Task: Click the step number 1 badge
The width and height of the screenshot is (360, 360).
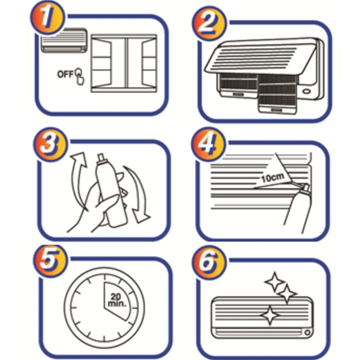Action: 48,18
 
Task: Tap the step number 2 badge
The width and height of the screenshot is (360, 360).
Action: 209,23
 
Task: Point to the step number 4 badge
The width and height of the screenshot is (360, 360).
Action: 208,144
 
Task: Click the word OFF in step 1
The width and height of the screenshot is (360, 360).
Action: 65,74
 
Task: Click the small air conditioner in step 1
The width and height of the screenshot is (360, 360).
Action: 64,40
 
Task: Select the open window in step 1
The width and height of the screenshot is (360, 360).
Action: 124,63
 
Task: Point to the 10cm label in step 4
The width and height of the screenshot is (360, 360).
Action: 273,177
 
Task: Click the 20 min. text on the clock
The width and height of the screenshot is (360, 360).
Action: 117,300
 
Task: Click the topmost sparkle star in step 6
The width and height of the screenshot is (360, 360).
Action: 274,282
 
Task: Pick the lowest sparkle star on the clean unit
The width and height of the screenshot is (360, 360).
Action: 270,315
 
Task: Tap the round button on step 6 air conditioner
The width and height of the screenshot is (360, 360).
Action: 307,332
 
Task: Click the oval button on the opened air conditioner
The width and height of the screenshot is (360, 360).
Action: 306,91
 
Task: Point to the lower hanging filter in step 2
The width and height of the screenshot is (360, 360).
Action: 277,94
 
